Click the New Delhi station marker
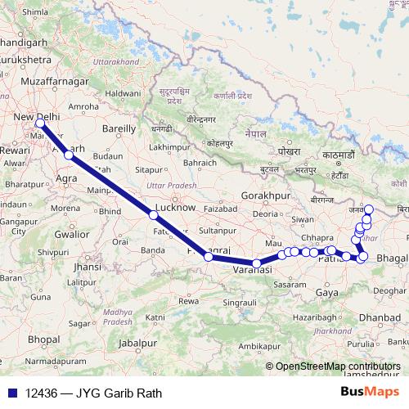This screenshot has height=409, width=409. pos(39,124)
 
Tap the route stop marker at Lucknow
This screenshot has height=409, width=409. pos(153,215)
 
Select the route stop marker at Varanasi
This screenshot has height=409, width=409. pos(257,263)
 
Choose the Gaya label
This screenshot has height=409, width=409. pos(326,292)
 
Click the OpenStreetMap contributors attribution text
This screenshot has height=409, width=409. pos(337,367)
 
